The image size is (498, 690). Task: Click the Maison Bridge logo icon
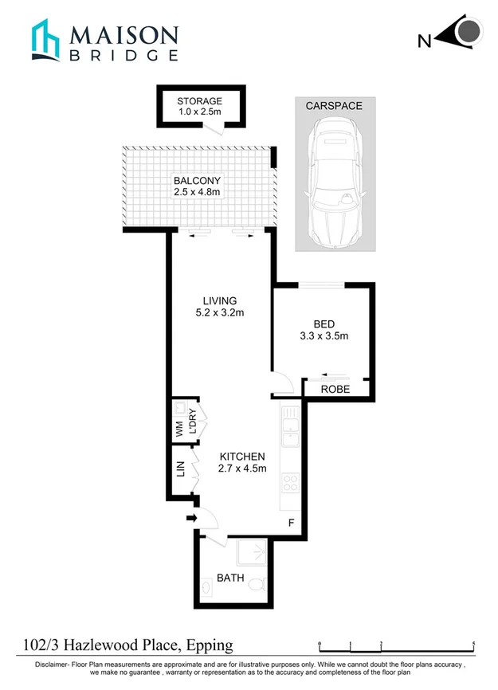(45, 41)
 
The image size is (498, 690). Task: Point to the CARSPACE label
(334, 106)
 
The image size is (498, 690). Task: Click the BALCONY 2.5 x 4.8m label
(197, 186)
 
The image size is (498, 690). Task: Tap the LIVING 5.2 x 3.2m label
(220, 306)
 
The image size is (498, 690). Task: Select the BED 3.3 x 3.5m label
(324, 331)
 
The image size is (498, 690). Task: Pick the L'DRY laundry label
(191, 420)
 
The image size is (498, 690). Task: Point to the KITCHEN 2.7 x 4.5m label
(242, 462)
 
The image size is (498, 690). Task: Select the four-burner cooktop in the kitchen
(291, 483)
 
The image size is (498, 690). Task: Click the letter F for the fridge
(291, 523)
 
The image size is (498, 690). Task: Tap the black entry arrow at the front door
(191, 519)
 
